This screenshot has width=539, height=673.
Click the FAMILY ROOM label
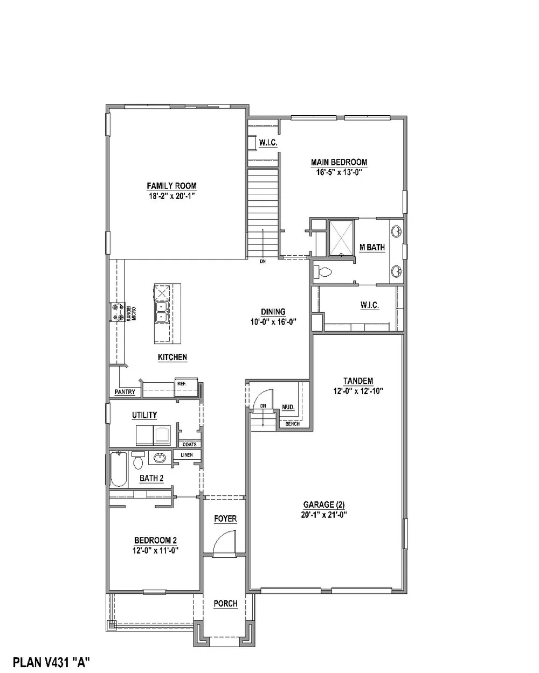(171, 186)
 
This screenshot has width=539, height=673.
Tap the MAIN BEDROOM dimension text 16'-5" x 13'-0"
(339, 172)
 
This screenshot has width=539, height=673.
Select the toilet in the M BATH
(322, 272)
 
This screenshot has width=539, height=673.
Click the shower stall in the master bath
(341, 239)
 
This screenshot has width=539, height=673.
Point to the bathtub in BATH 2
(119, 469)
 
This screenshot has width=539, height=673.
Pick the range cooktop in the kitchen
(117, 312)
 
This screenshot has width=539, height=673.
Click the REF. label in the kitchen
(182, 384)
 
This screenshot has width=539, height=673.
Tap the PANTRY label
(125, 392)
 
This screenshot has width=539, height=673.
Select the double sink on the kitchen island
(162, 312)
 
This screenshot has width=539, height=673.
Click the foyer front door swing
(224, 543)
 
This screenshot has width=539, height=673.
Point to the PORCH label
(225, 603)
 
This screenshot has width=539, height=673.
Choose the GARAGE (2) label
(324, 504)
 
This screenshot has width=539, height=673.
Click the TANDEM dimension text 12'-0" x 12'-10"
(358, 391)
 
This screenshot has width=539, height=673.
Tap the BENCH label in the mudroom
(293, 424)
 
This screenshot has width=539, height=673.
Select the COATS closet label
(190, 444)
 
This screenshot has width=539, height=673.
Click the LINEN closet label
(186, 455)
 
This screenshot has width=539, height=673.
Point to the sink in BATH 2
(160, 458)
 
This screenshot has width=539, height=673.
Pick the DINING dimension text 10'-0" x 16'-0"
(273, 322)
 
